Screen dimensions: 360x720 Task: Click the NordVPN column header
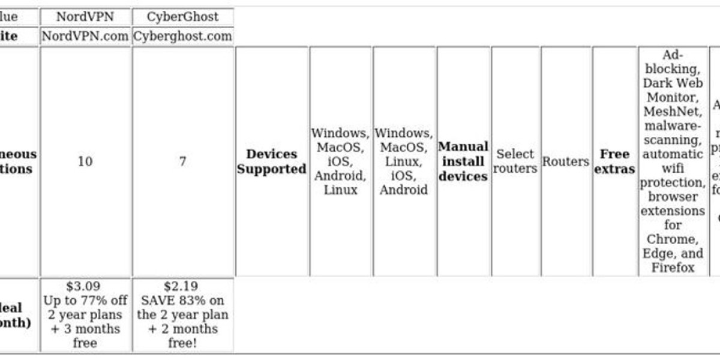coord(85,16)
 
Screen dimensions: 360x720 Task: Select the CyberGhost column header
coord(182,16)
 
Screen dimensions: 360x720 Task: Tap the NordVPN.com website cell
coord(85,36)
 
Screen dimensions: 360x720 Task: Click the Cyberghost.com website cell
coord(182,36)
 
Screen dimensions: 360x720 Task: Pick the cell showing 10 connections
coord(85,161)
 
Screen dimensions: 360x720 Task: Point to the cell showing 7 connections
coord(182,161)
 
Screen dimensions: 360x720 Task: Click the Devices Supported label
coord(272,161)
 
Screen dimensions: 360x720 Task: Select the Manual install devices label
coord(463,161)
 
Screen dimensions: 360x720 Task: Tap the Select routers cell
coord(515,161)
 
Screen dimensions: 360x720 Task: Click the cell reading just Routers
coord(566,161)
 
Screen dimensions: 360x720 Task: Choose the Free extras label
coord(614,161)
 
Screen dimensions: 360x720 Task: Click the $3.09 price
coord(85,286)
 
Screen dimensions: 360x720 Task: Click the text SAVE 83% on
coord(182,300)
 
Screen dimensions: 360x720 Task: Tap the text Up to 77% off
coord(85,300)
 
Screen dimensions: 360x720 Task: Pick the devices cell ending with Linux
coord(340,161)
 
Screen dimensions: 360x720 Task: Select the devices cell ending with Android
coord(404,161)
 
